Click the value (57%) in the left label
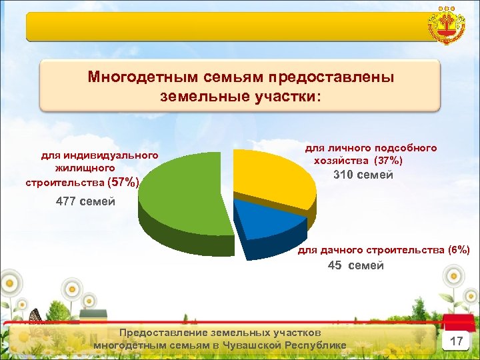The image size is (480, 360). [x=124, y=182]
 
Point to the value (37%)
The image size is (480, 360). [x=387, y=161]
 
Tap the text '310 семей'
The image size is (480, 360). [x=363, y=175]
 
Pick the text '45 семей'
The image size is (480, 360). [x=355, y=265]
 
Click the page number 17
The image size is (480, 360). [x=457, y=341]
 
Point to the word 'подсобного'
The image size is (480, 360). [x=405, y=147]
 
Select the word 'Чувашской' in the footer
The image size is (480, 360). [x=253, y=345]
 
